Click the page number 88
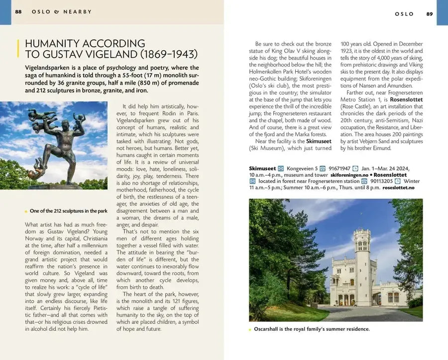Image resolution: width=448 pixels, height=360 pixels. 18,12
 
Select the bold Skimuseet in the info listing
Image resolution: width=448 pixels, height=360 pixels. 262,169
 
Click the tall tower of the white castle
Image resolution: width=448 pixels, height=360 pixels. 362,259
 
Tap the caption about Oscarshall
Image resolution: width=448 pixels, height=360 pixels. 312,329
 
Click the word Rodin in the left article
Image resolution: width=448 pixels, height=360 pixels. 171,113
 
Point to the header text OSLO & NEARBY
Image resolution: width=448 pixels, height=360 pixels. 62,12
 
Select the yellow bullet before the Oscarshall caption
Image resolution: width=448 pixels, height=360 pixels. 250,330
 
